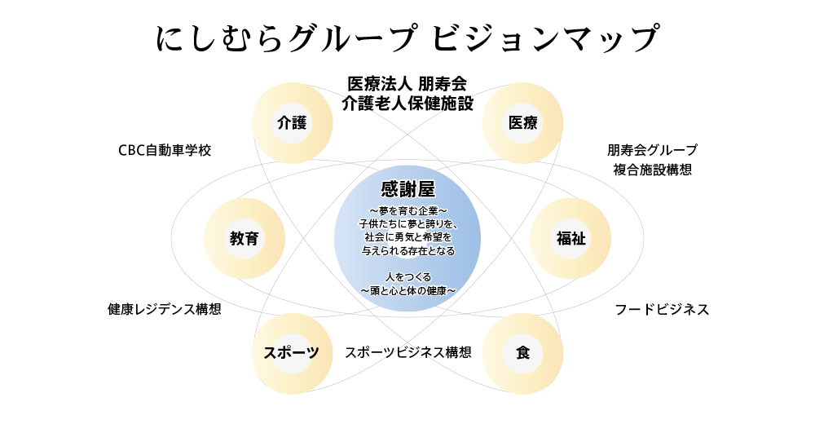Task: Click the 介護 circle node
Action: click(x=292, y=123)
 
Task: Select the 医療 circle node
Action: click(x=522, y=123)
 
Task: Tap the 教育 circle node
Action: click(x=244, y=238)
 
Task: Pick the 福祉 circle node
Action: click(x=570, y=238)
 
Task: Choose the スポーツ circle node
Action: click(x=291, y=353)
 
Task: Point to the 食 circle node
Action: click(x=522, y=353)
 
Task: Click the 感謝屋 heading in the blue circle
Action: click(x=407, y=190)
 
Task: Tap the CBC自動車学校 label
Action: click(x=165, y=151)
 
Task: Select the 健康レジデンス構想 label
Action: click(x=165, y=310)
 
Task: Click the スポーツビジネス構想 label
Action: click(x=407, y=352)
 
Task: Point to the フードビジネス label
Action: click(x=662, y=310)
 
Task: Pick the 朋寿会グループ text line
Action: click(x=652, y=150)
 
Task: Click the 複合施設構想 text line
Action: click(x=652, y=170)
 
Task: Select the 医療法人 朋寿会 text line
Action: click(x=407, y=84)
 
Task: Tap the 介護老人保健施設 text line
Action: click(x=407, y=104)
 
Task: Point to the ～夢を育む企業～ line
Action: click(x=407, y=211)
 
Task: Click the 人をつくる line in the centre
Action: click(x=407, y=277)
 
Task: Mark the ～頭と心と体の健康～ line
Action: click(x=407, y=290)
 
